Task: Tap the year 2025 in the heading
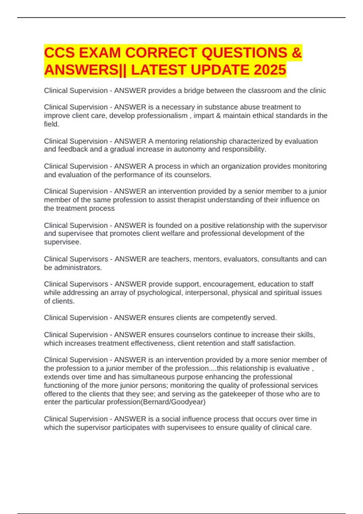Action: tap(270, 70)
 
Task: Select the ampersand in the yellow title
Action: tap(297, 53)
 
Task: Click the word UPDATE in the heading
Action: tap(220, 70)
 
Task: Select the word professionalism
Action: tap(162, 116)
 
